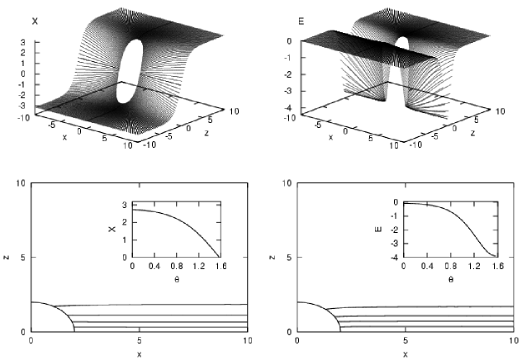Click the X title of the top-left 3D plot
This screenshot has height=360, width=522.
(x=35, y=21)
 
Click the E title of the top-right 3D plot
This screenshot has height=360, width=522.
(x=301, y=22)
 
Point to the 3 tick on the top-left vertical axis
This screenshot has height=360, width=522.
(x=23, y=42)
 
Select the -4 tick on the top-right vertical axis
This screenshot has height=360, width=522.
(x=287, y=107)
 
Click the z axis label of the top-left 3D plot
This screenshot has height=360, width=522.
(x=206, y=133)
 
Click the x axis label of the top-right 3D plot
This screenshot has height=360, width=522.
(x=330, y=137)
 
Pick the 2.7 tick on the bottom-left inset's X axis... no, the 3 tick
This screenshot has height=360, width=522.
(x=125, y=205)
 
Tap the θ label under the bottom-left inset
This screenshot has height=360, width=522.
(x=177, y=279)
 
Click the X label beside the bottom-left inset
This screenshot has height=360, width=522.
(x=112, y=229)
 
